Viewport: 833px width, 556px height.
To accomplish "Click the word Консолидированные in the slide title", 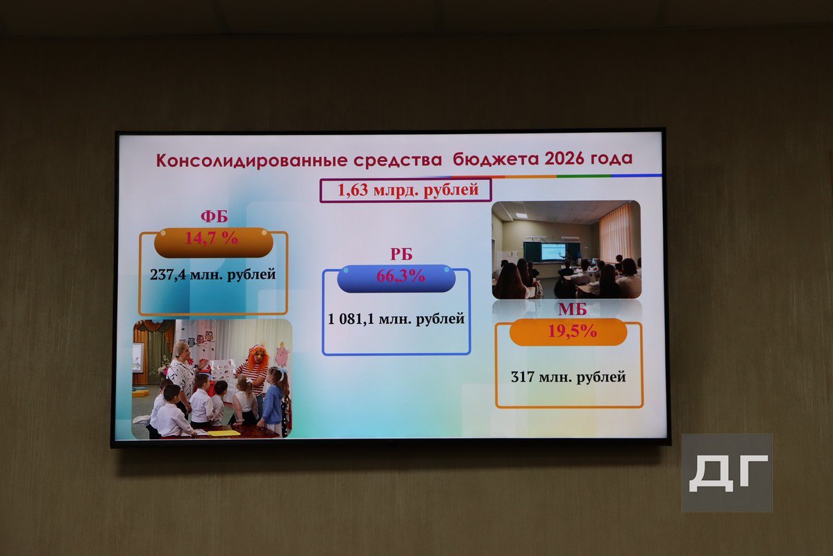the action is pyautogui.click(x=252, y=161).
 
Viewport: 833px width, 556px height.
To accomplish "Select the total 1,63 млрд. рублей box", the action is pyautogui.click(x=405, y=190).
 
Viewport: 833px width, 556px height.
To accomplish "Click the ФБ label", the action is pyautogui.click(x=214, y=216).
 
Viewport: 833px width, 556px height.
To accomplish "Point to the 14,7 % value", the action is pyautogui.click(x=212, y=238).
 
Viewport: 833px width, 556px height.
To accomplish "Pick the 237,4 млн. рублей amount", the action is pyautogui.click(x=212, y=275).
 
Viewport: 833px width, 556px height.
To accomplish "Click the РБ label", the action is pyautogui.click(x=401, y=254).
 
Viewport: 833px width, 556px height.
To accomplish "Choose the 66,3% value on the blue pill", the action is pyautogui.click(x=401, y=276).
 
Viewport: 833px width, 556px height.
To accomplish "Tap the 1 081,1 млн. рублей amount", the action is pyautogui.click(x=396, y=319).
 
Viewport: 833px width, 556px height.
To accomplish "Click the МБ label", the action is pyautogui.click(x=572, y=309).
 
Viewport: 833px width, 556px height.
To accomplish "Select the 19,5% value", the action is pyautogui.click(x=573, y=331).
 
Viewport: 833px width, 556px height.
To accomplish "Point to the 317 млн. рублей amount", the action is pyautogui.click(x=569, y=377).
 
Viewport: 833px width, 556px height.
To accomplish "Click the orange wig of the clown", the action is pyautogui.click(x=258, y=356).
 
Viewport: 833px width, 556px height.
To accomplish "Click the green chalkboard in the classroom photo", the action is pyautogui.click(x=552, y=252).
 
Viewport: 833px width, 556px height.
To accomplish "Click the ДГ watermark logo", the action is pyautogui.click(x=727, y=473).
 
